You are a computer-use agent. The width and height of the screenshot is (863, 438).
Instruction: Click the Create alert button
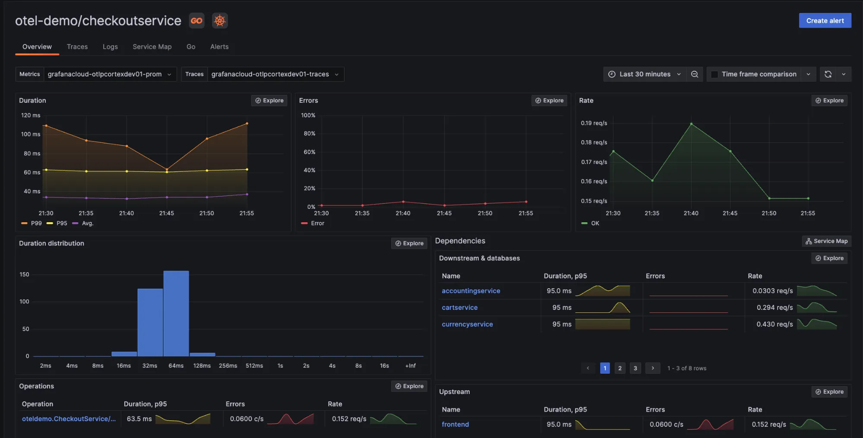(x=825, y=21)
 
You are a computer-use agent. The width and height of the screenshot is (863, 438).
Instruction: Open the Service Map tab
(x=152, y=47)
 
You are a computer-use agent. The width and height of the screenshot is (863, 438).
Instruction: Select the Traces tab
(x=77, y=47)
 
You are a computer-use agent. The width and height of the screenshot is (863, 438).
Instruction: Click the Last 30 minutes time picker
(x=644, y=74)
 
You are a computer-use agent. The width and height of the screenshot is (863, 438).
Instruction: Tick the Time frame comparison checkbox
(x=714, y=74)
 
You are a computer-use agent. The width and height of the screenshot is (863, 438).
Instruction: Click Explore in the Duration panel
(x=269, y=101)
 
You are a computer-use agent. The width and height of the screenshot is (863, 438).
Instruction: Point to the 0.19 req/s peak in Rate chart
(x=691, y=124)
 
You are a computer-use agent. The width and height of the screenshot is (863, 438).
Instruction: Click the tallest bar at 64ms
(x=176, y=313)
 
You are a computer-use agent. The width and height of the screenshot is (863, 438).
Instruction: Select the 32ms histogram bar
(x=150, y=322)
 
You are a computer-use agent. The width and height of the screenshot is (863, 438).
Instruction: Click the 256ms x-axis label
(x=228, y=366)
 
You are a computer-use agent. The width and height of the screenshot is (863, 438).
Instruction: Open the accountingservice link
(x=471, y=291)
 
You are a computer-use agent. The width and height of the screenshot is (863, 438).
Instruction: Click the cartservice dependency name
(x=459, y=308)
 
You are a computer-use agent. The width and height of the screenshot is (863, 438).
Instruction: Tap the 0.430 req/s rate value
(x=774, y=324)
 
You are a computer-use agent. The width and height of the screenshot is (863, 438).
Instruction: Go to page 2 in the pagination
(x=620, y=368)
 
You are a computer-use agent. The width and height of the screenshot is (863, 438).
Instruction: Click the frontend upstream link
(x=455, y=424)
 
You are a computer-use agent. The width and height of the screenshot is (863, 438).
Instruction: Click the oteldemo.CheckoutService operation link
(x=69, y=419)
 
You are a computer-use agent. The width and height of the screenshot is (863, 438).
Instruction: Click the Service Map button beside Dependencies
(x=826, y=241)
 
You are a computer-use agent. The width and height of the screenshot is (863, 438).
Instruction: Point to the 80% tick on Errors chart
(x=310, y=134)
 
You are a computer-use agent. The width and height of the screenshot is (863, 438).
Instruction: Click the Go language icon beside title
(x=196, y=21)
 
